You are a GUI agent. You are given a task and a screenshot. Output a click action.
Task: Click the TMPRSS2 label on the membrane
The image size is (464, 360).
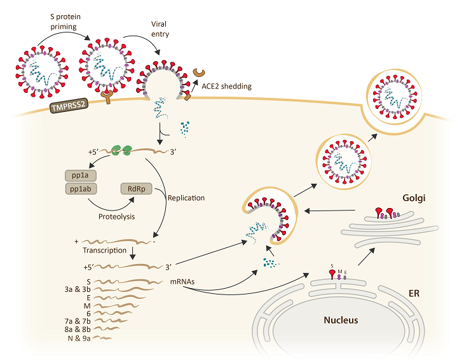(x=69, y=106)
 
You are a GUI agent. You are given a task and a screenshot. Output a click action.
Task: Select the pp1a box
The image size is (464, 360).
(x=81, y=176)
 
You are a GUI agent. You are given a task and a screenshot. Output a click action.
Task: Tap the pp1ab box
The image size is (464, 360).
(x=81, y=188)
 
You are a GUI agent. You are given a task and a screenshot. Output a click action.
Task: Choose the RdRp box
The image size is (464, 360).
(x=137, y=188)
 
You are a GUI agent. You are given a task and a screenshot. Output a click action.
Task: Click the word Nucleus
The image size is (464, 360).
(x=341, y=320)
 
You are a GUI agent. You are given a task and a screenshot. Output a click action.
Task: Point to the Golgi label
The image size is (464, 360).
(x=414, y=198)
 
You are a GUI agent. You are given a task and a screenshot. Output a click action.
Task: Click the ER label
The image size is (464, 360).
(x=414, y=293)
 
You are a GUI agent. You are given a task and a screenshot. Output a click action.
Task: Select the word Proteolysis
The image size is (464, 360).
(x=116, y=217)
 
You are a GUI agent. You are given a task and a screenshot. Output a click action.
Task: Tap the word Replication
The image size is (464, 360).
(x=186, y=198)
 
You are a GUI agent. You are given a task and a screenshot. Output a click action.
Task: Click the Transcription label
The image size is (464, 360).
(x=104, y=251)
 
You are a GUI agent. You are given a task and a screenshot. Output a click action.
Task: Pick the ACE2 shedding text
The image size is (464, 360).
(x=227, y=87)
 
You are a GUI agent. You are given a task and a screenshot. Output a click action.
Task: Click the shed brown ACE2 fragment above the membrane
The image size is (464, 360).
(x=199, y=73)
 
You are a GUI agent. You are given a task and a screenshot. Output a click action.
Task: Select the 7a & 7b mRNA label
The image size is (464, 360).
(x=78, y=321)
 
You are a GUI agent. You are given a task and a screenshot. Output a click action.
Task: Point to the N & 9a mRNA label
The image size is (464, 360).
(x=79, y=338)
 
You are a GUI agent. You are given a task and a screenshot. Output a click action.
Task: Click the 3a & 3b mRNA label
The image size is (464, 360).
(x=78, y=289)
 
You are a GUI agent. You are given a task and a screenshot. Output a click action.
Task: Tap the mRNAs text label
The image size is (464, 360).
(x=182, y=282)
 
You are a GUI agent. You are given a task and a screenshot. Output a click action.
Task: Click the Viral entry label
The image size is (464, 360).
(x=160, y=29)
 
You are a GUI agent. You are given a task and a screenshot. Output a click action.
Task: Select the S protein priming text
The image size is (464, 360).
(x=65, y=22)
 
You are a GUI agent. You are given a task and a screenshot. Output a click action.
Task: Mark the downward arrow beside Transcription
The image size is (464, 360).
(x=133, y=253)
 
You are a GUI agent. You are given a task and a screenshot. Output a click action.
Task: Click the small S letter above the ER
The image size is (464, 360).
(x=332, y=266)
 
